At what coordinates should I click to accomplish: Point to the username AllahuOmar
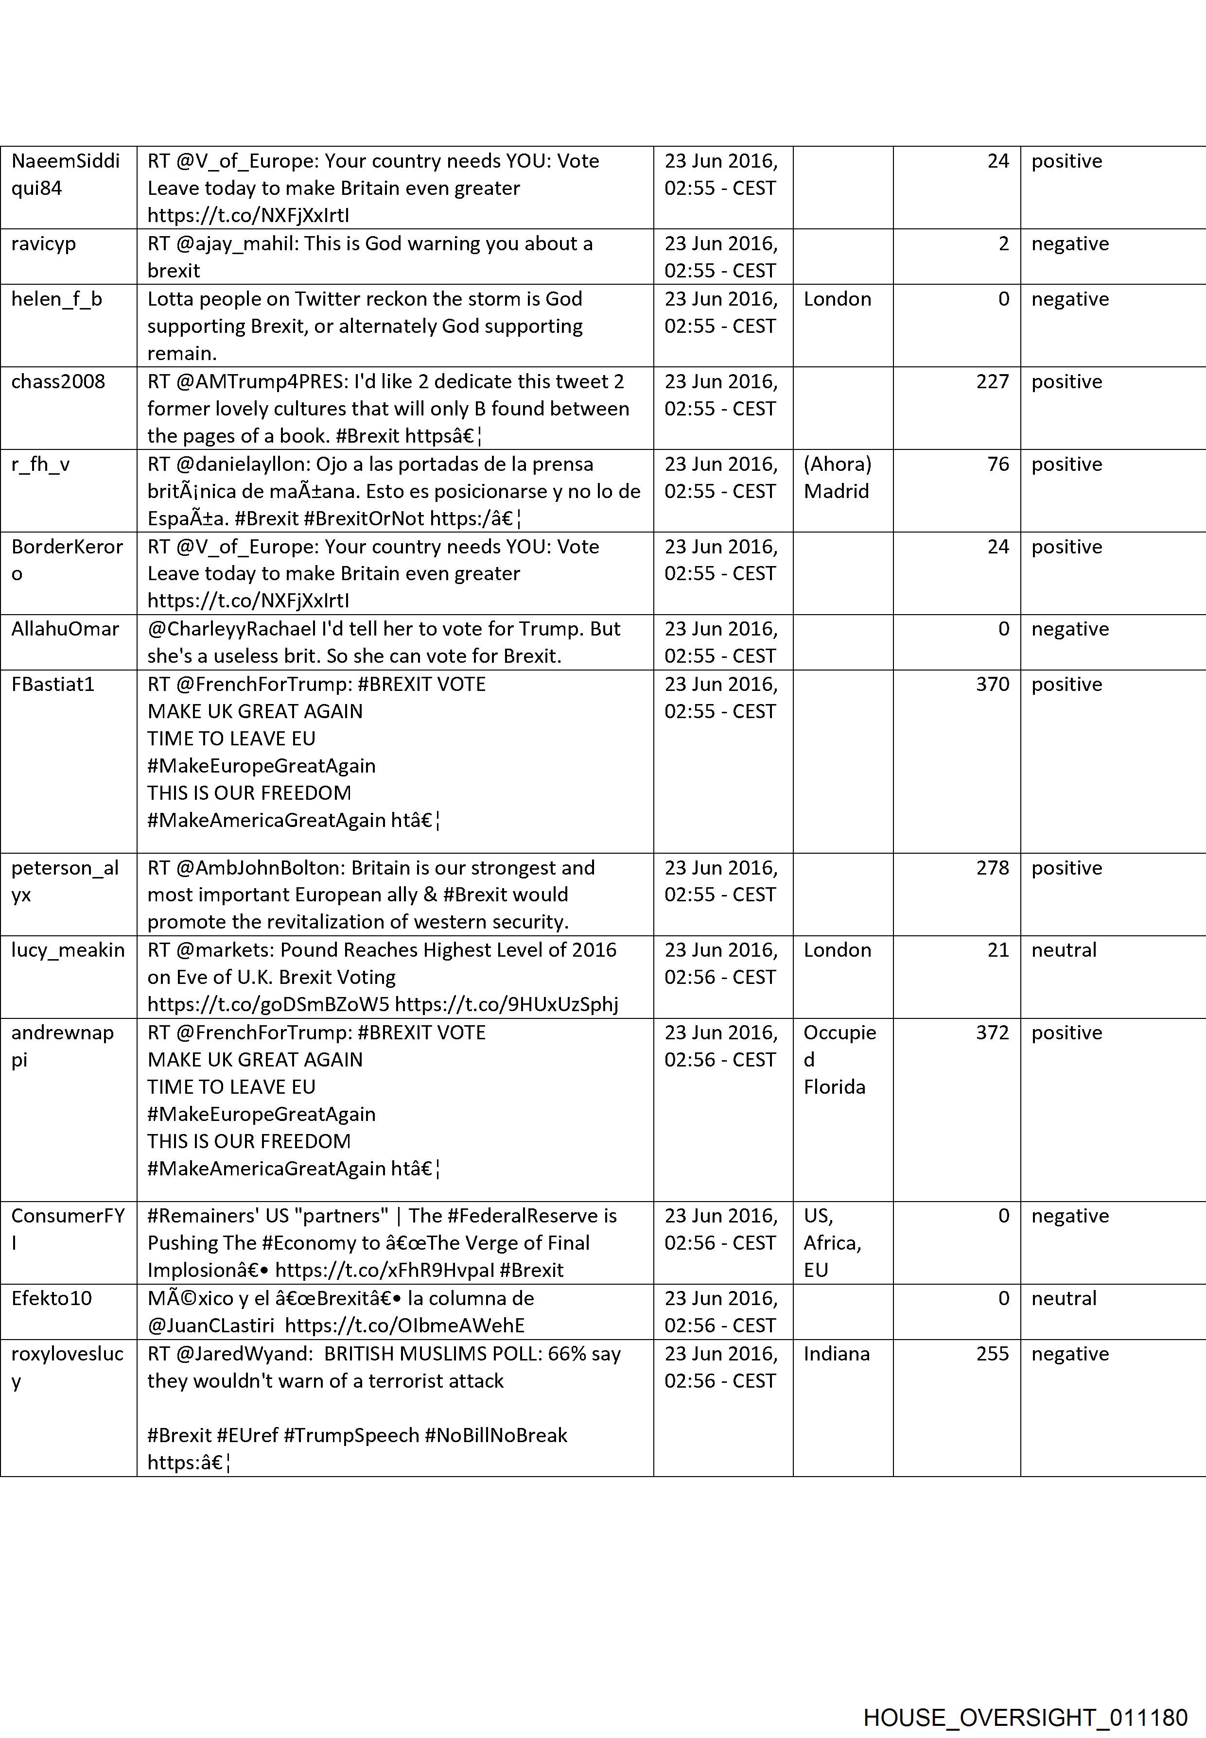click(x=65, y=629)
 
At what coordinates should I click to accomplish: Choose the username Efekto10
click(x=52, y=1298)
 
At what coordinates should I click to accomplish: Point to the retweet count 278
click(x=992, y=868)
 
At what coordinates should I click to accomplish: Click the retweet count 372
click(x=992, y=1032)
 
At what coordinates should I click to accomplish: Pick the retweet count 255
click(x=992, y=1354)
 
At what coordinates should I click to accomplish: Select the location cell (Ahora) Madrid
click(x=837, y=478)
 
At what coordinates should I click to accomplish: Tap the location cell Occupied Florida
click(x=839, y=1060)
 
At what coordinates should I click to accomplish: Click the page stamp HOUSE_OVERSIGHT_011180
click(x=1025, y=1697)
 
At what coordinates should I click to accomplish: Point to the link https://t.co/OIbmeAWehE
click(x=405, y=1325)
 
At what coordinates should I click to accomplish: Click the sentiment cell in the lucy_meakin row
click(x=1063, y=950)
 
